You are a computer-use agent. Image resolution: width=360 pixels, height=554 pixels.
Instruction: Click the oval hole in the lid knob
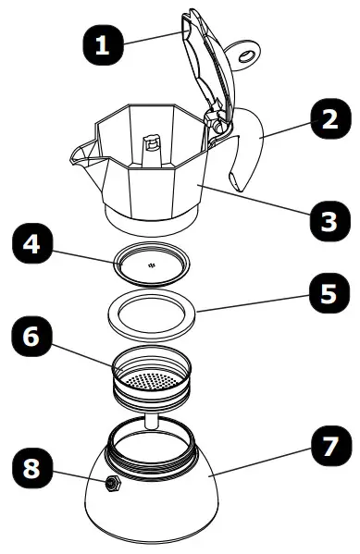[x=246, y=58]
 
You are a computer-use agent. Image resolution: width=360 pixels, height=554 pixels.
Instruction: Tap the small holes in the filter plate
[x=153, y=265]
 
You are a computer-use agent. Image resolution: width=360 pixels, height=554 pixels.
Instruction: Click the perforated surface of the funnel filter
[x=153, y=378]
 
